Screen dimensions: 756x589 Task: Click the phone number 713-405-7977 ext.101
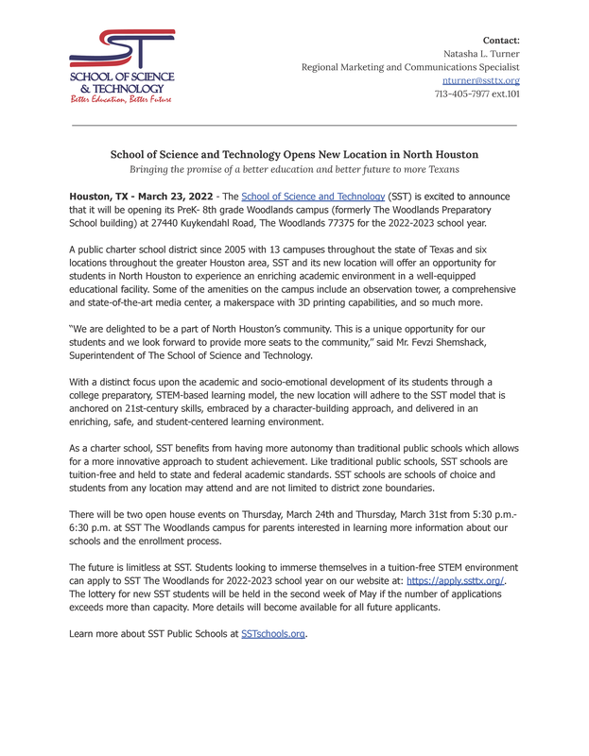tap(476, 94)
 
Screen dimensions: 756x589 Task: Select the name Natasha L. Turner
tap(481, 54)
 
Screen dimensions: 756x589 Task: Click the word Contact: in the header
tap(501, 41)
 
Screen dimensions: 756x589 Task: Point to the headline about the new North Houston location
tap(294, 154)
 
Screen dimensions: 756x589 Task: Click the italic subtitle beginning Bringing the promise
tap(294, 169)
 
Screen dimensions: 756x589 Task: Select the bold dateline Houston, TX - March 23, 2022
tap(137, 196)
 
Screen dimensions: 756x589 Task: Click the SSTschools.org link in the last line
tap(273, 633)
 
